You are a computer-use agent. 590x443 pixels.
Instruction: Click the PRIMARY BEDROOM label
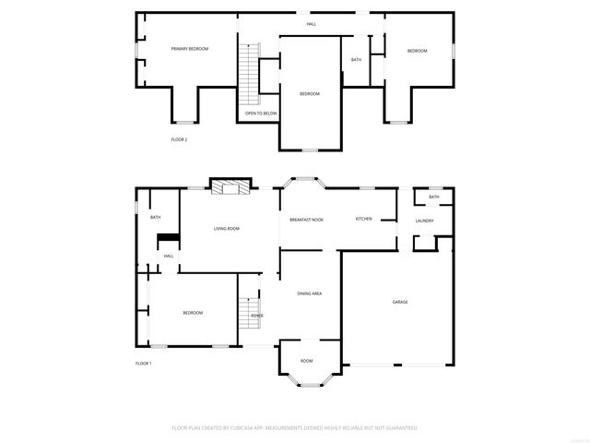click(x=189, y=49)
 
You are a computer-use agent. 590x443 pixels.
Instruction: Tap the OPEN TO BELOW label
click(x=261, y=113)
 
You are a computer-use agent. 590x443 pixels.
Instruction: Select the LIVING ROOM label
click(x=227, y=228)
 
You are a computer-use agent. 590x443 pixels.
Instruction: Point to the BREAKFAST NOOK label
click(x=306, y=219)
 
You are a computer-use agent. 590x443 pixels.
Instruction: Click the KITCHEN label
click(x=364, y=219)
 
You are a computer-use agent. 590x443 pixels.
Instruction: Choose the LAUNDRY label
click(x=424, y=221)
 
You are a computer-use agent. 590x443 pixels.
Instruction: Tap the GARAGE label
click(x=400, y=302)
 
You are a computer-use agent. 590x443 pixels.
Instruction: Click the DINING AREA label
click(x=310, y=293)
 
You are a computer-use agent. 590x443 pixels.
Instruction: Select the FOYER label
click(x=257, y=316)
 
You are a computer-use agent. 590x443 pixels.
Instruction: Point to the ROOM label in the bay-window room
click(x=306, y=361)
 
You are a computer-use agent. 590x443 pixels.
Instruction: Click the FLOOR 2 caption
click(x=179, y=139)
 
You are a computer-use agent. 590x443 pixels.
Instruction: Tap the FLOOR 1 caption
click(x=143, y=364)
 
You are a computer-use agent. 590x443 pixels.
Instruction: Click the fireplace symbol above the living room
click(x=230, y=187)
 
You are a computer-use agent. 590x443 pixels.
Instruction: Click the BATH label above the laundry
click(x=433, y=197)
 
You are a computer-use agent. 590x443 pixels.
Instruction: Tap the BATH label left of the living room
click(x=156, y=217)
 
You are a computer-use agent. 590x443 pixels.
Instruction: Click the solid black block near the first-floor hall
click(x=167, y=239)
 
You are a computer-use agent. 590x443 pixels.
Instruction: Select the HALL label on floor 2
click(x=313, y=24)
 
